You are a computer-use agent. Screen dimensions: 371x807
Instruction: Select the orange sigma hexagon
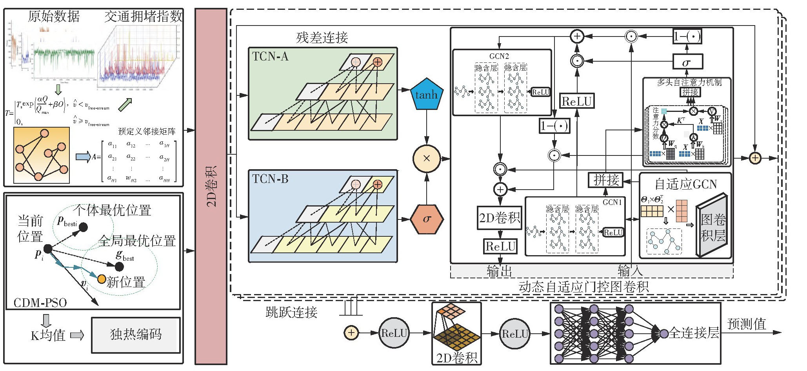pyautogui.click(x=427, y=219)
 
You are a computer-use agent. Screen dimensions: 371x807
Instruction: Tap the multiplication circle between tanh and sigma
pyautogui.click(x=427, y=158)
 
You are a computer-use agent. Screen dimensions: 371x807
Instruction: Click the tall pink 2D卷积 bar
pyautogui.click(x=211, y=186)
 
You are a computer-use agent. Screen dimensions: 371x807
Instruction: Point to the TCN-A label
pyautogui.click(x=270, y=57)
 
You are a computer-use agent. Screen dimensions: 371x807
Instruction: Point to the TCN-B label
pyautogui.click(x=270, y=179)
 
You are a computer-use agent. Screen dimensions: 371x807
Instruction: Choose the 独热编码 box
pyautogui.click(x=136, y=334)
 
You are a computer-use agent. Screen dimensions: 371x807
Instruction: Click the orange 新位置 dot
pyautogui.click(x=102, y=279)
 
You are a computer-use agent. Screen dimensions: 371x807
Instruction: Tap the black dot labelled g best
pyautogui.click(x=119, y=267)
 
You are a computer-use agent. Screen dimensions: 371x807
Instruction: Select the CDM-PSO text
pyautogui.click(x=40, y=303)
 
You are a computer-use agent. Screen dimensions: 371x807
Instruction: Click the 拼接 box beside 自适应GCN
pyautogui.click(x=606, y=180)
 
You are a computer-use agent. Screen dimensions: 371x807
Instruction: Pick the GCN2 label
pyautogui.click(x=499, y=57)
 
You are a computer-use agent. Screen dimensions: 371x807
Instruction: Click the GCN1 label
pyautogui.click(x=612, y=202)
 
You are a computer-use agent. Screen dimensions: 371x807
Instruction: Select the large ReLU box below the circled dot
pyautogui.click(x=577, y=101)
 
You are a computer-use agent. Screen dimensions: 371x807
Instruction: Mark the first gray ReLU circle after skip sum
pyautogui.click(x=394, y=333)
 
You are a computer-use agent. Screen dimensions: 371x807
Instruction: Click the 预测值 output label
pyautogui.click(x=746, y=324)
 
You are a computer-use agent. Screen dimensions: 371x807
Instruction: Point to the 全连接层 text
pyautogui.click(x=694, y=333)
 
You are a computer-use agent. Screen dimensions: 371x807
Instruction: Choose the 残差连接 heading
pyautogui.click(x=322, y=38)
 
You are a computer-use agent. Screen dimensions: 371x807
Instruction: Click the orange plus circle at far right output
pyautogui.click(x=755, y=158)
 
